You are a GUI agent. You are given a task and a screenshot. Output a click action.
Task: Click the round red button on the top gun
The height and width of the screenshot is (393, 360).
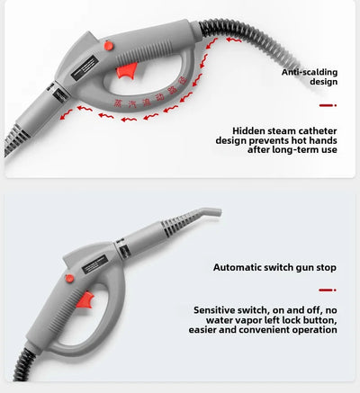pos(108,45)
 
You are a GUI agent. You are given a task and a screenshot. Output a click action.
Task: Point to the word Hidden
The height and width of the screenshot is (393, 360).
pos(250,130)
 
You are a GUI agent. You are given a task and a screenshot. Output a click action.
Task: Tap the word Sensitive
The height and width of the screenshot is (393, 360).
pos(218,309)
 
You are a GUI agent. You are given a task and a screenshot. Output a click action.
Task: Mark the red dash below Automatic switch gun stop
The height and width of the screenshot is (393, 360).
pos(328,290)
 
